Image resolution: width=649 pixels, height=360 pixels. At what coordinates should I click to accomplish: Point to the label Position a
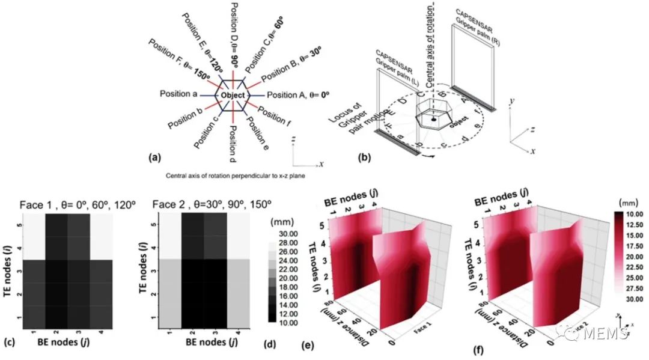pos(178,94)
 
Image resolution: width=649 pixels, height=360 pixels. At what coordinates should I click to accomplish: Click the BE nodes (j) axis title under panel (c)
pos(76,344)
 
